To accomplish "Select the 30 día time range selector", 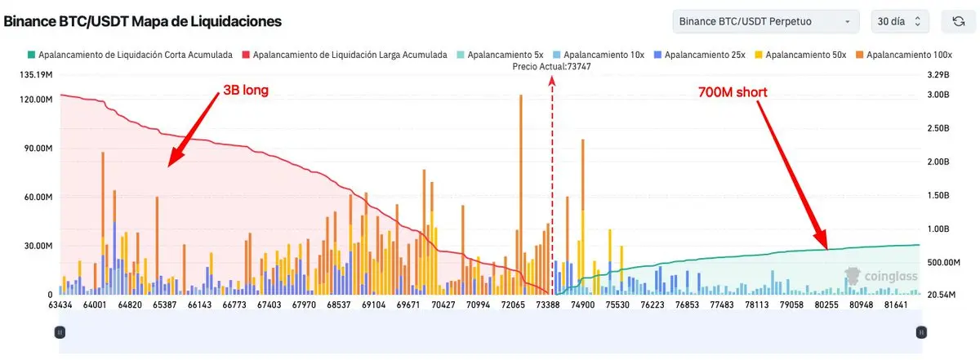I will (899, 21).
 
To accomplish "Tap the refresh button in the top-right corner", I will (958, 21).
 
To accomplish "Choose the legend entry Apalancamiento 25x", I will (699, 55).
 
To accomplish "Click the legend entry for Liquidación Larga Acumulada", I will (344, 55).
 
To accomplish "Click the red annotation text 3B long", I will (245, 89).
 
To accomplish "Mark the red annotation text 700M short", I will (733, 92).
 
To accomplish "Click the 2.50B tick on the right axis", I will (938, 129).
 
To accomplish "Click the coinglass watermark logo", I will (882, 277).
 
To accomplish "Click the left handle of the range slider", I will (60, 332).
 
